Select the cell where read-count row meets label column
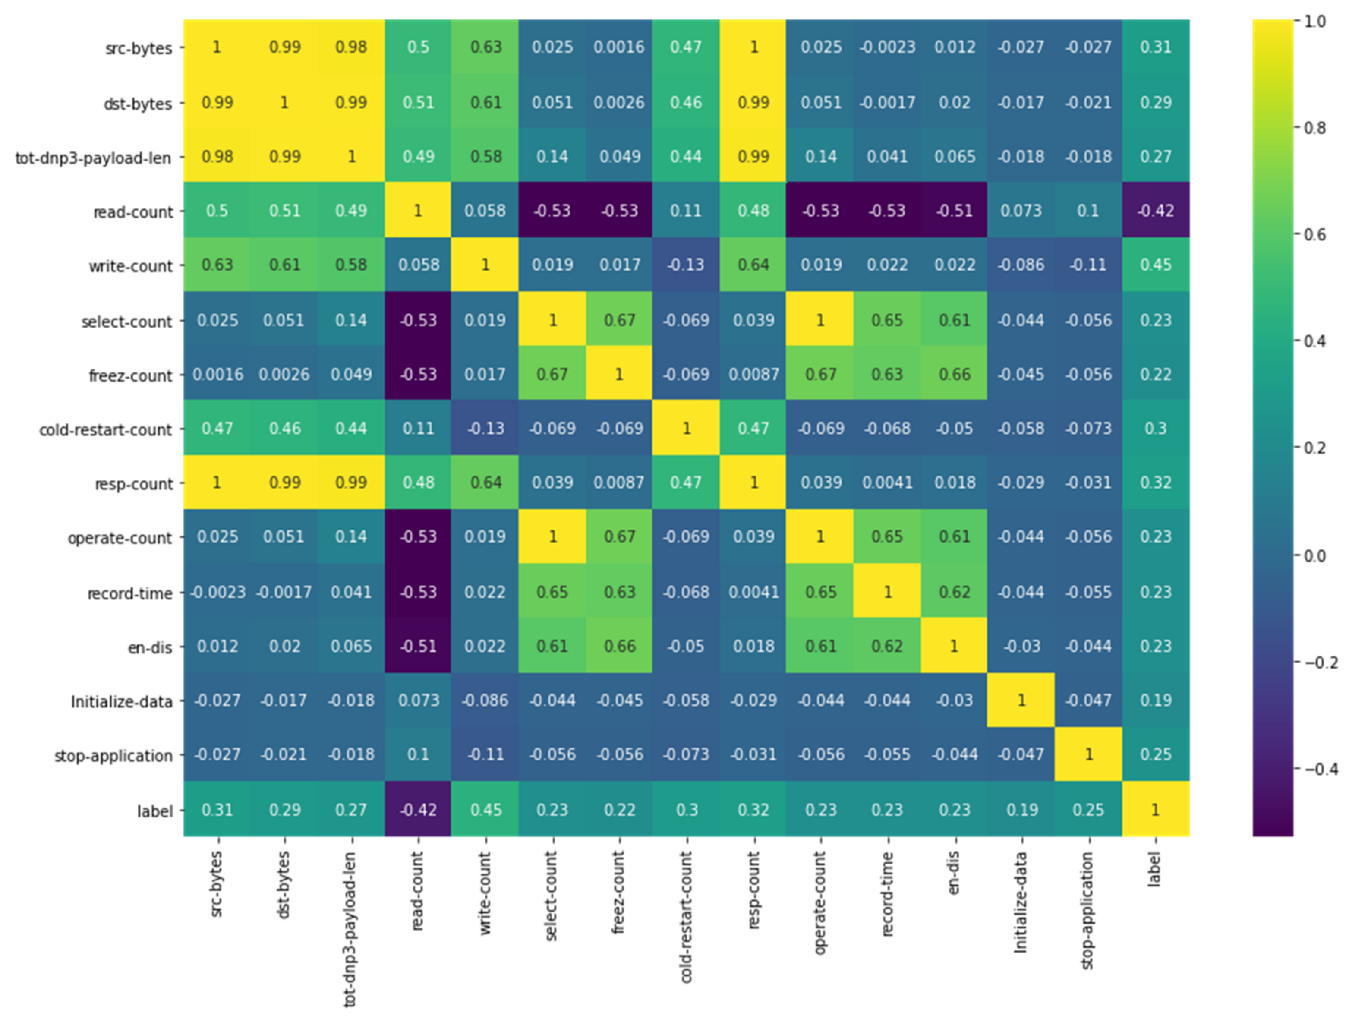[1155, 211]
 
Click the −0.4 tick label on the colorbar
[1321, 770]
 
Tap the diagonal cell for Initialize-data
[1021, 700]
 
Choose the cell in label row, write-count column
[485, 810]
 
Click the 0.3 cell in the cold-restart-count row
[1155, 429]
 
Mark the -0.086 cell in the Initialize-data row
[485, 700]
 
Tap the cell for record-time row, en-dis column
[955, 592]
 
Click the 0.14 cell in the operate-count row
[351, 537]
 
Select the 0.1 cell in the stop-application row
[418, 755]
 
